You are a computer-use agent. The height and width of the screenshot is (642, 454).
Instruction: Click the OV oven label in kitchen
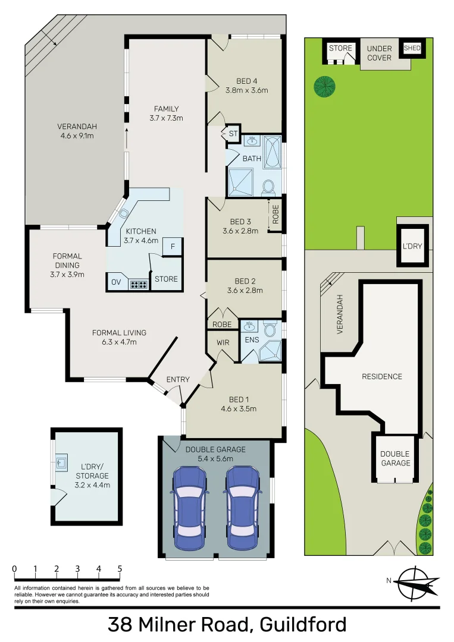(x=116, y=282)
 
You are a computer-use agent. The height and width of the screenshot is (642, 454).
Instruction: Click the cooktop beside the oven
(x=138, y=284)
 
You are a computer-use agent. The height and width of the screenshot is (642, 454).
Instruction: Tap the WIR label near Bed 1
(x=222, y=343)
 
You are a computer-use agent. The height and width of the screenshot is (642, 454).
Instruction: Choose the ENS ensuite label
(x=251, y=340)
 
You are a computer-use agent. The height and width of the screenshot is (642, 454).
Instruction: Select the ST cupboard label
(x=233, y=134)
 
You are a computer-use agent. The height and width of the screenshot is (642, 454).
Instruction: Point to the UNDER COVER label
(x=379, y=53)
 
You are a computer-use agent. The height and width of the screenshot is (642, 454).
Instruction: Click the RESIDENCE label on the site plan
(x=382, y=376)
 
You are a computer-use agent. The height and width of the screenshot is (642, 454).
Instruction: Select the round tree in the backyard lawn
(x=325, y=87)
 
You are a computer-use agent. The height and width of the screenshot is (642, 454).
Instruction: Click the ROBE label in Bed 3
(x=275, y=214)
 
